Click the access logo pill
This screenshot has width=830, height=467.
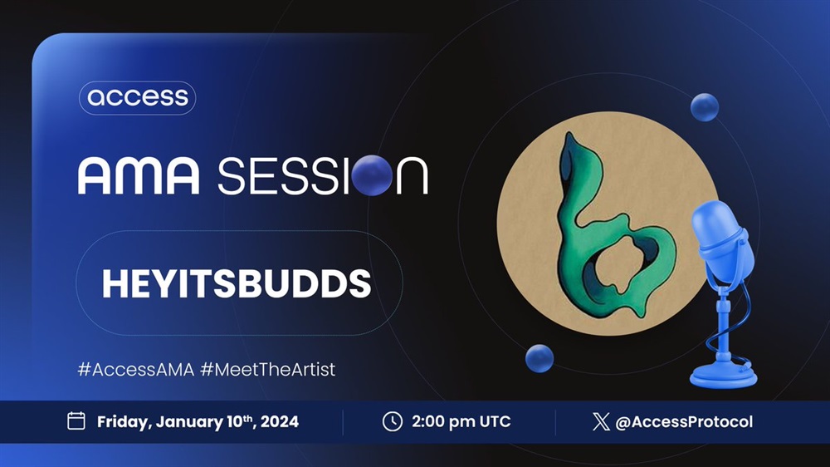(x=138, y=97)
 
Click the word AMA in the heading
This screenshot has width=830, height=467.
(x=139, y=175)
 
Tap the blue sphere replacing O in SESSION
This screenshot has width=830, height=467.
(x=372, y=175)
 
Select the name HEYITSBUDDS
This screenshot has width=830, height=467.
(x=237, y=283)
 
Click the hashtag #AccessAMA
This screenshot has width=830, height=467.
(x=136, y=369)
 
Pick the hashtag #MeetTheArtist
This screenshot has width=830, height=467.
(x=268, y=369)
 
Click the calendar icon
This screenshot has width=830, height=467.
(x=76, y=421)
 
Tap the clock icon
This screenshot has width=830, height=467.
(x=393, y=421)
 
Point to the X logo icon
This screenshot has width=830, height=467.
(x=601, y=421)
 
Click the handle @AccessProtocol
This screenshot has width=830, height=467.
(x=684, y=421)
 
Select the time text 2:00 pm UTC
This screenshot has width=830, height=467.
(x=461, y=421)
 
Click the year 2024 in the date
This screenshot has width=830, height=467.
(x=280, y=422)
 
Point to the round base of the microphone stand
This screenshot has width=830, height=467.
(x=724, y=375)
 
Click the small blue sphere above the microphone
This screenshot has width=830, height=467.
(x=705, y=107)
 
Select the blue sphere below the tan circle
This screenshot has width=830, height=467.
(x=539, y=358)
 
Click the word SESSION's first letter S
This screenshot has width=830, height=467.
(x=232, y=176)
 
